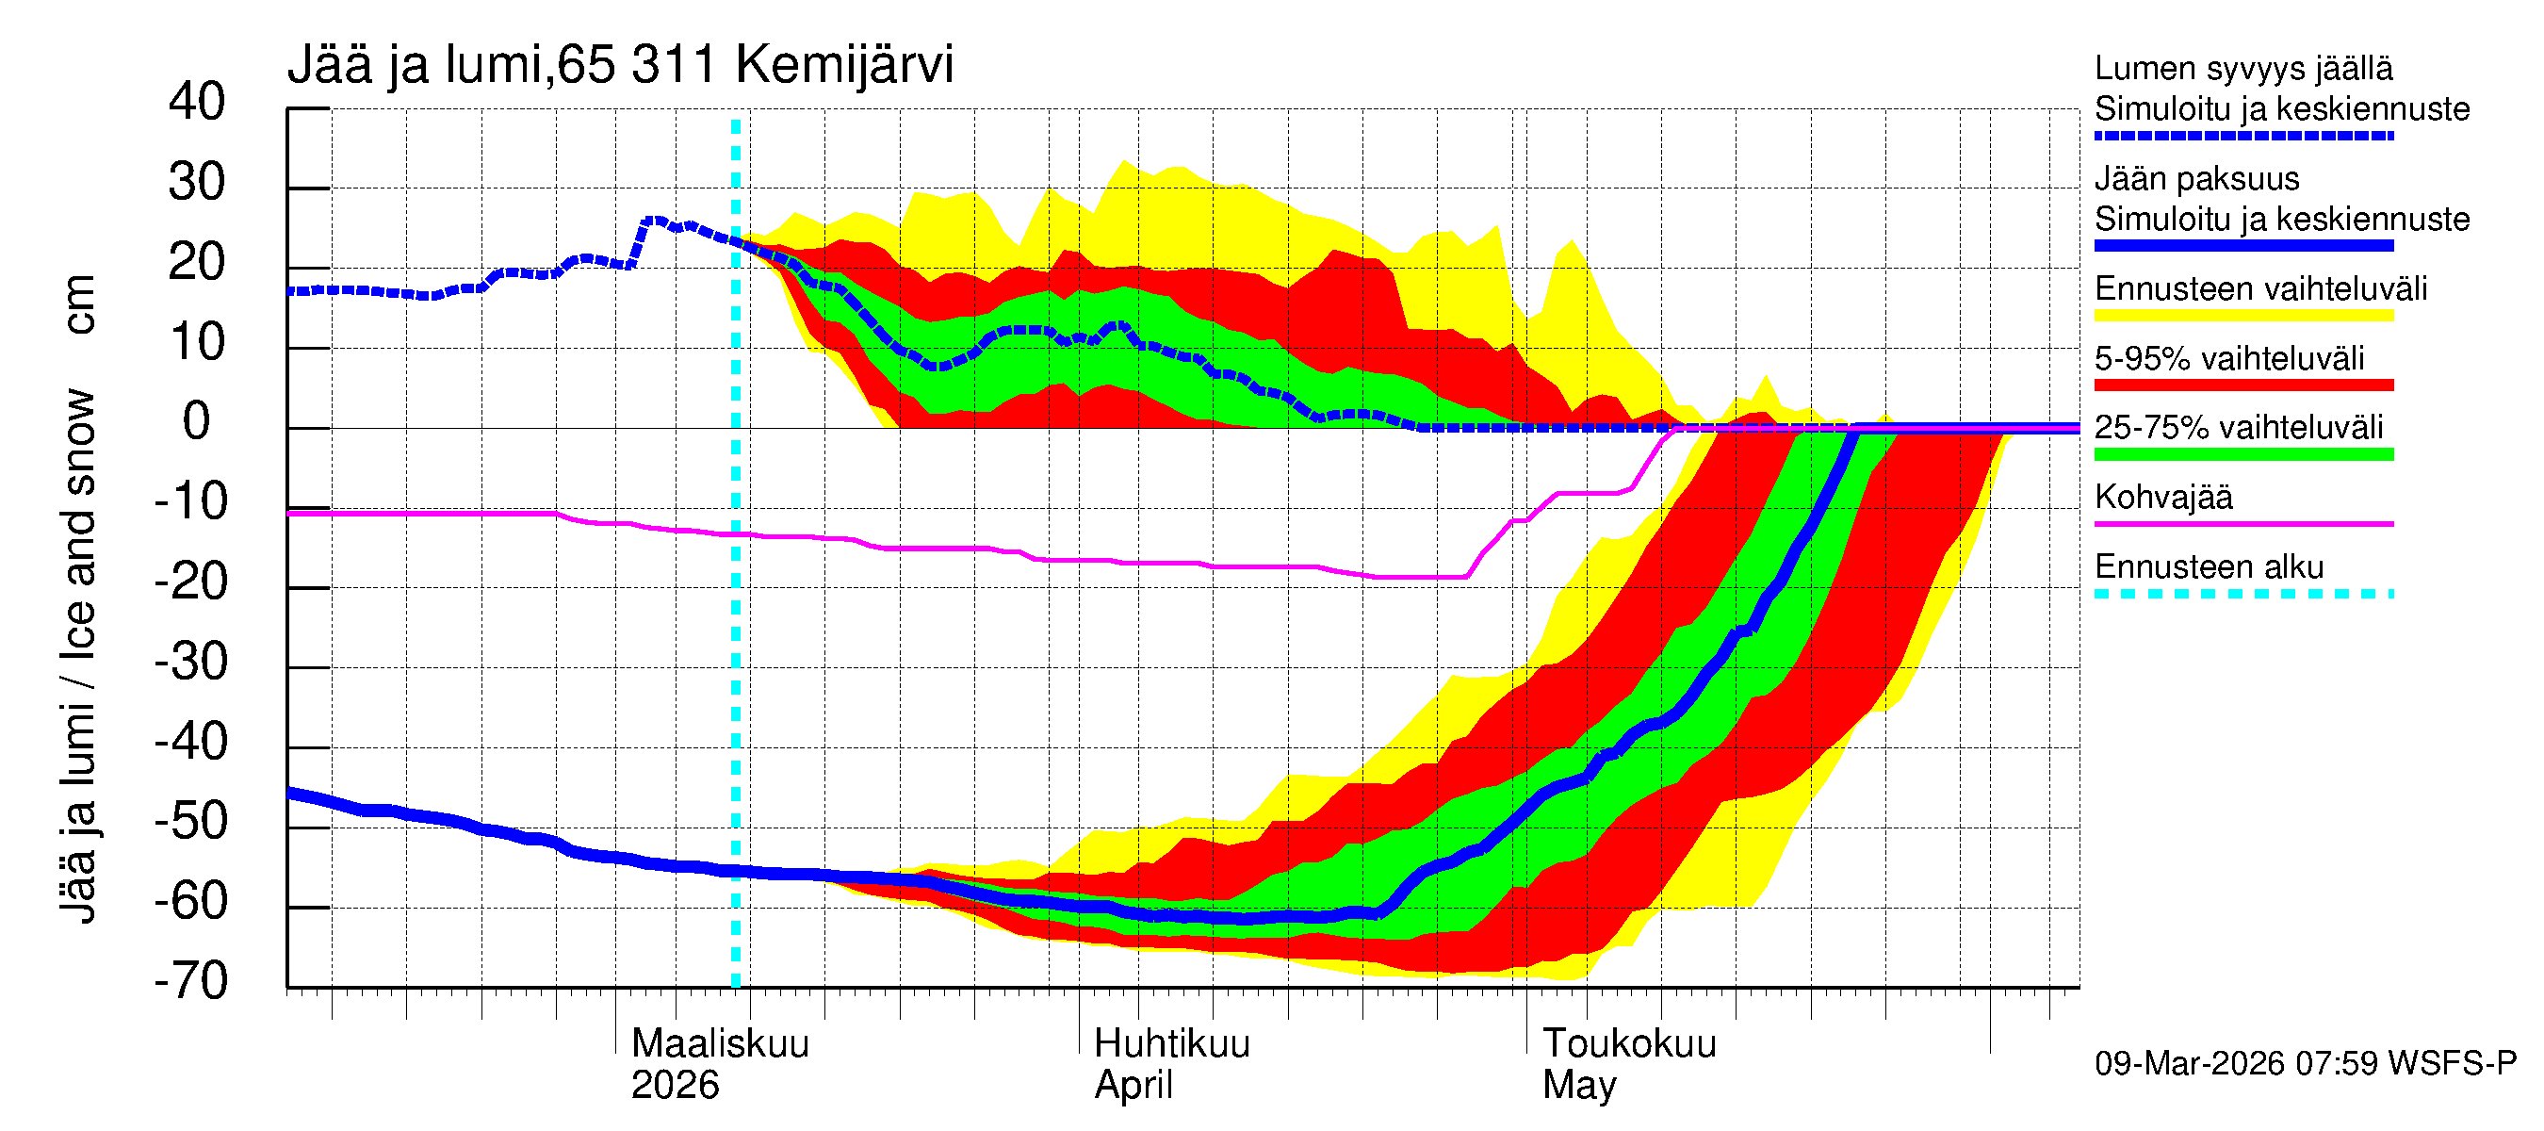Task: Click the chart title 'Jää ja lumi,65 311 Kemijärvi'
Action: [x=620, y=65]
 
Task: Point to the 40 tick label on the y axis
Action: [x=197, y=102]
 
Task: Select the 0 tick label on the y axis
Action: [x=197, y=422]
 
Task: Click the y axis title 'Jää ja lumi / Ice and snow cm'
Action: [x=78, y=598]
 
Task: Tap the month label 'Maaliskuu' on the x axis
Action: [x=720, y=1043]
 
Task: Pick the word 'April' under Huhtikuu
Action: [x=1133, y=1085]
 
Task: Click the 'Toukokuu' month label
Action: [x=1629, y=1043]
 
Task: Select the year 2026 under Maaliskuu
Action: [x=676, y=1085]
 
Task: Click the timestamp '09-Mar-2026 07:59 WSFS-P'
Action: [x=2305, y=1064]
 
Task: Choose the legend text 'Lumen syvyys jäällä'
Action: [x=2243, y=68]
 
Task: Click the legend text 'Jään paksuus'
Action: [x=2197, y=179]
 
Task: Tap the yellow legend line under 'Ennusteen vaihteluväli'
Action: [x=2243, y=316]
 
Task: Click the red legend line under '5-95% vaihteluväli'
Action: [x=2243, y=385]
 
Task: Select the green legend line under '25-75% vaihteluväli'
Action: [x=2243, y=454]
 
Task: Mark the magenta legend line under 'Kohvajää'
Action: [x=2243, y=523]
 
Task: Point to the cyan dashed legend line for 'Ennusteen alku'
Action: [x=2243, y=594]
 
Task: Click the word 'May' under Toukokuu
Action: [x=1579, y=1085]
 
